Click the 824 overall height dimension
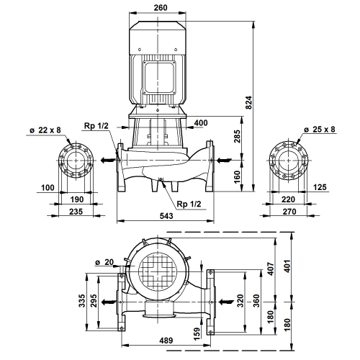click(249, 103)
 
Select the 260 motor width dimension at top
click(161, 8)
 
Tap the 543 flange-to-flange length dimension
click(166, 216)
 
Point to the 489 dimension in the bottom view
click(166, 341)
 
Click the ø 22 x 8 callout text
click(45, 130)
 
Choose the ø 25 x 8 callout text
click(320, 130)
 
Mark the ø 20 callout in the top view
click(104, 262)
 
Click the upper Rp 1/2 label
click(96, 125)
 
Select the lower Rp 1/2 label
click(189, 204)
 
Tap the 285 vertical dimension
click(237, 136)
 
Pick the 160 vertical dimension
click(237, 177)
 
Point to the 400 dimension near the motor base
click(201, 122)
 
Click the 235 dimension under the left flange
click(76, 212)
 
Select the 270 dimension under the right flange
click(289, 212)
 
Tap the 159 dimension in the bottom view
click(197, 333)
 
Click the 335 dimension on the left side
click(82, 300)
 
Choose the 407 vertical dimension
click(271, 269)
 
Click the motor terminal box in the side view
click(159, 78)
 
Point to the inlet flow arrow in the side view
click(225, 160)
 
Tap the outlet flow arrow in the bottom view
click(108, 302)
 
